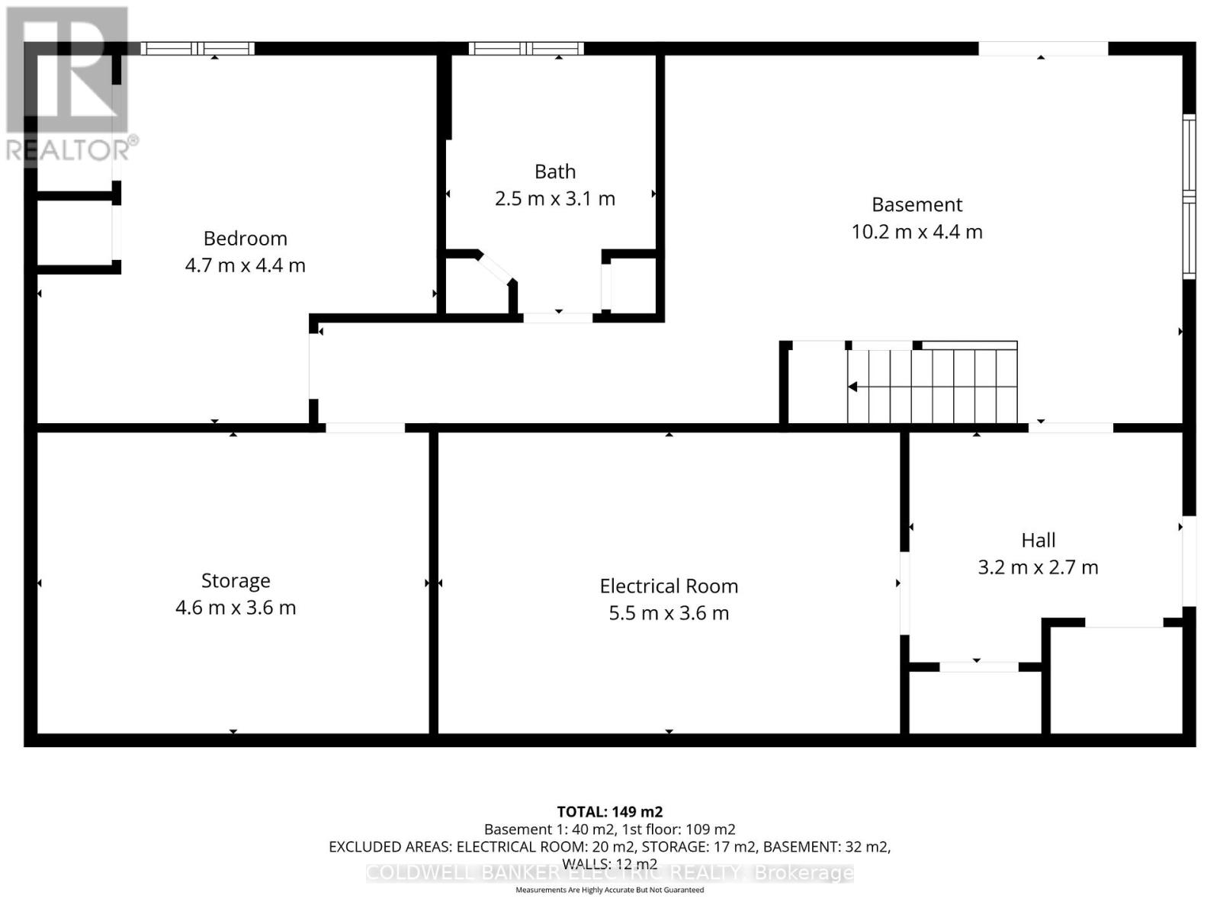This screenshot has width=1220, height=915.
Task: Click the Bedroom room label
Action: pos(245,239)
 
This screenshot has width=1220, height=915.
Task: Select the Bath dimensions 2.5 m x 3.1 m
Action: pos(554,199)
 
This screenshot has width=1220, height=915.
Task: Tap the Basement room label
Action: pos(917,205)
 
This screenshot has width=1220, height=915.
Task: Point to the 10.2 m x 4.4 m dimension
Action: pos(917,232)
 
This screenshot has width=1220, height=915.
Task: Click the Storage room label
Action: pos(236,581)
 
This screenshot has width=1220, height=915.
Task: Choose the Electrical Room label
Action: pos(669,586)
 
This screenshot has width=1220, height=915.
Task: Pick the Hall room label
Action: pos(1038,541)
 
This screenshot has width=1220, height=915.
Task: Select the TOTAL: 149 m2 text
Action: pos(609,812)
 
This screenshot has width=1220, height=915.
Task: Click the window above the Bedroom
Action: pos(197,49)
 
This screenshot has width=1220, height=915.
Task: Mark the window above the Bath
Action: pos(526,49)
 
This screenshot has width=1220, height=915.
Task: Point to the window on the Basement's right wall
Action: pos(1189,196)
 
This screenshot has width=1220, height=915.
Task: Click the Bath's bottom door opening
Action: pos(557,317)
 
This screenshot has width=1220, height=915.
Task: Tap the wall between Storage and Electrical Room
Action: pos(433,583)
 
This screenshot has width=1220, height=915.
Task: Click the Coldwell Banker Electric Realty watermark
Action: pos(609,873)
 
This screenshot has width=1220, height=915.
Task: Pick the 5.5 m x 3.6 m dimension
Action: pos(669,613)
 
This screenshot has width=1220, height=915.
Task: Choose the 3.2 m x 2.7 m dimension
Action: pos(1038,567)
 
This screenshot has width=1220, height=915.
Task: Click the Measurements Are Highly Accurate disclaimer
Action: pos(609,890)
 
